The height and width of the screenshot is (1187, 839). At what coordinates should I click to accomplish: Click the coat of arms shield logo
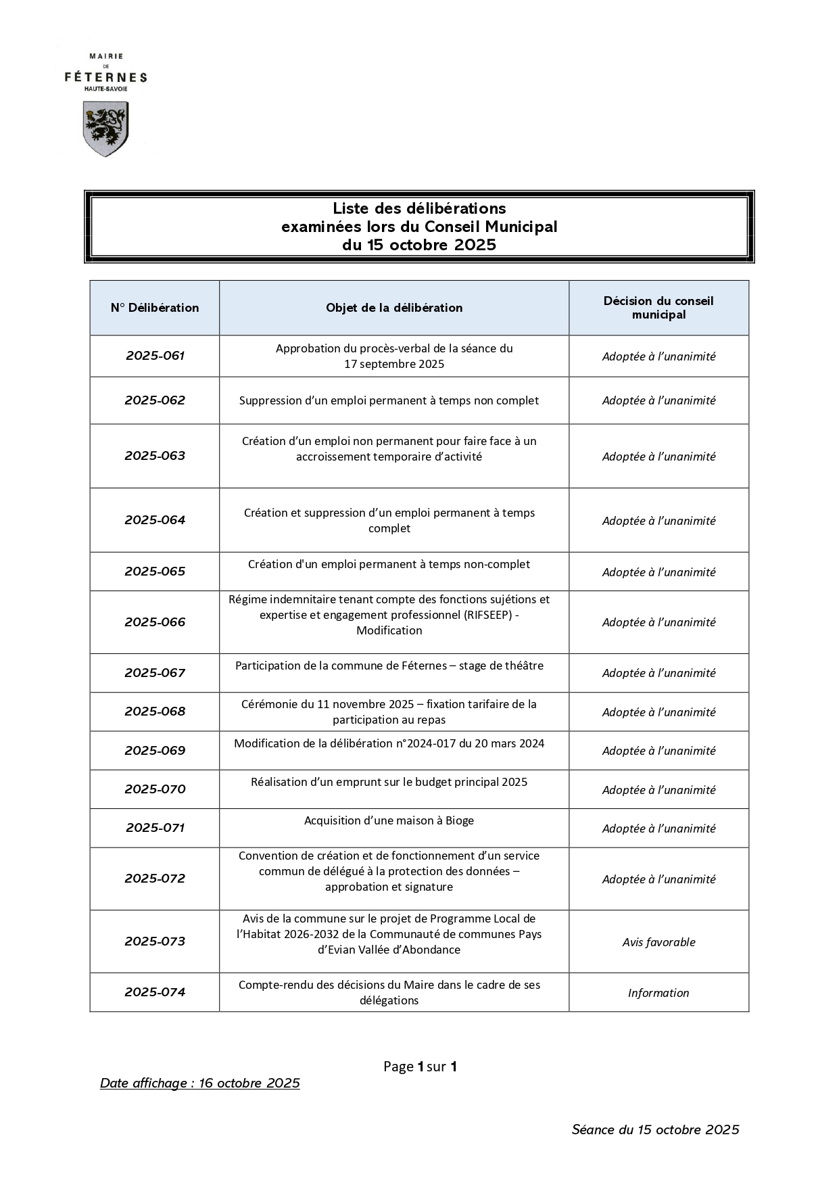(x=105, y=129)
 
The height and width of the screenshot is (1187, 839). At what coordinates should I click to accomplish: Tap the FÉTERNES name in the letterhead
(x=105, y=77)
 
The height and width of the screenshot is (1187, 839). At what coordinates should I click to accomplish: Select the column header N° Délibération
(x=155, y=308)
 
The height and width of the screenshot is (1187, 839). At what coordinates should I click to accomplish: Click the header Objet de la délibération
(x=394, y=308)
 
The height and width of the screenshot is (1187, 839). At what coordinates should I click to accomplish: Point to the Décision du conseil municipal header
(x=658, y=308)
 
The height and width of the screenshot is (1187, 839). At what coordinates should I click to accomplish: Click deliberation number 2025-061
(x=155, y=356)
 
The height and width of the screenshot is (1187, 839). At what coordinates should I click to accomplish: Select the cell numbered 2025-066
(x=155, y=622)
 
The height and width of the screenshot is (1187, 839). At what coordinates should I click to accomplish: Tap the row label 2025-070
(x=155, y=789)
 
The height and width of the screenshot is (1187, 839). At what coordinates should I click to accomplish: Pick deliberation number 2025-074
(x=155, y=992)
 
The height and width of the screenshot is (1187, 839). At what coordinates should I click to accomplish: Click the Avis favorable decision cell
(x=658, y=942)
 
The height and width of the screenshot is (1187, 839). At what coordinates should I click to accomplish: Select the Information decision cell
(x=658, y=993)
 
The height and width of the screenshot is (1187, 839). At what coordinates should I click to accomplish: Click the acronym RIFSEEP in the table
(x=488, y=615)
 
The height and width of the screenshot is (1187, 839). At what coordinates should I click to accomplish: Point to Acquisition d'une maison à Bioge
(x=389, y=820)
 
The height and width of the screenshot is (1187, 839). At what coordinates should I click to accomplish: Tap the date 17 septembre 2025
(x=394, y=364)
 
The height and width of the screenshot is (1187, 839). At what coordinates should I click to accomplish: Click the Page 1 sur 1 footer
(x=420, y=1067)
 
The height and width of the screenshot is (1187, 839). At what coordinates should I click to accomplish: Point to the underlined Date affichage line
(x=200, y=1083)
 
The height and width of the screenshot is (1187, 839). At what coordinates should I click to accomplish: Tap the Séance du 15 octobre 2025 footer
(x=655, y=1130)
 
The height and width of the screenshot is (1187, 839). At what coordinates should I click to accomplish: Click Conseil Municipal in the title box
(x=491, y=227)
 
